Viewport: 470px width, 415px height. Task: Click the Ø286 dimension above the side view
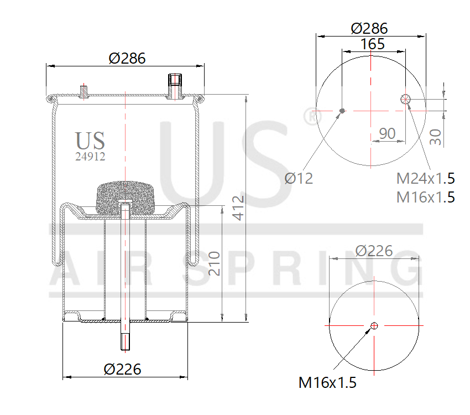point(127,58)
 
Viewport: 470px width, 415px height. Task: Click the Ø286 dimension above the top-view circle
point(369,28)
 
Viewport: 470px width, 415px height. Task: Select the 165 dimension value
point(373,44)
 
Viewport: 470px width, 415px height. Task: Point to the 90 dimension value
point(388,133)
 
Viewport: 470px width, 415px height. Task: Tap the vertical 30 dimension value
point(436,137)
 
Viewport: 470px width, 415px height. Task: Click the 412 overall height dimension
point(238,207)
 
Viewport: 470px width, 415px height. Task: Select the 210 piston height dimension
point(215,264)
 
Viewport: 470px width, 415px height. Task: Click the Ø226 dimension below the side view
point(122,369)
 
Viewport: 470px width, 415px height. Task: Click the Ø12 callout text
point(299,178)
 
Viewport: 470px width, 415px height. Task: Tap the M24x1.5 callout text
point(426,178)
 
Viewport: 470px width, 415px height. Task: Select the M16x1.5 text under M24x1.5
point(426,196)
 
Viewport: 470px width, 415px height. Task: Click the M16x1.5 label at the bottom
point(327,382)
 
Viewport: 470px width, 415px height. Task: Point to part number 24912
point(90,156)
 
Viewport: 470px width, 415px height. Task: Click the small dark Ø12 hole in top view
point(342,111)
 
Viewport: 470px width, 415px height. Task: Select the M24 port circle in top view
point(405,99)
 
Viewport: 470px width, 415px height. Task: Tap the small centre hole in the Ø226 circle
point(374,325)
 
